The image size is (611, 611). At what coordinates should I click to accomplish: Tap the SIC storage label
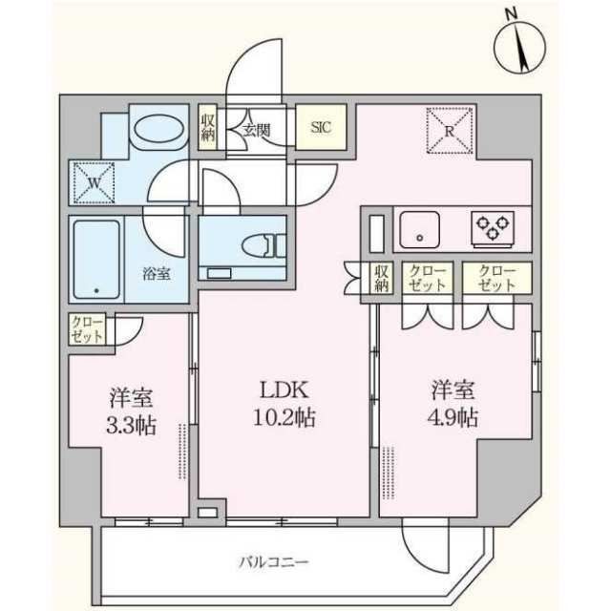[321, 127]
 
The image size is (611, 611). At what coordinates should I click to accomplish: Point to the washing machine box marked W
[94, 179]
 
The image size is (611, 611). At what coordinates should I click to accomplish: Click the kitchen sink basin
[419, 229]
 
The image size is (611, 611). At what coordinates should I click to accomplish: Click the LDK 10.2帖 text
[283, 404]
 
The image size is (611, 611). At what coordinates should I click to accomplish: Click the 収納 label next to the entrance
[208, 127]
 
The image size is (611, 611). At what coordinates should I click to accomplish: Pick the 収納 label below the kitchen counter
[381, 278]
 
